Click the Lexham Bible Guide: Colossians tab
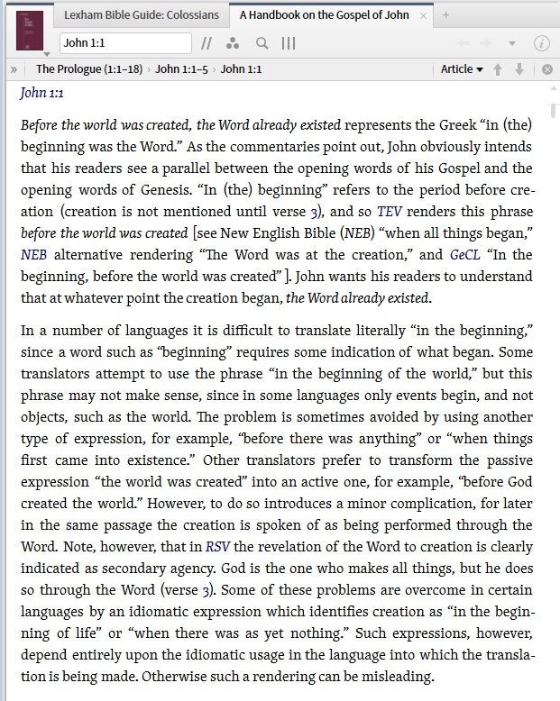(x=142, y=15)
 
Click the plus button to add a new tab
(x=445, y=15)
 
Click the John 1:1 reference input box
(x=124, y=43)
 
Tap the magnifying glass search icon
(x=262, y=43)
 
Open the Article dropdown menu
(x=462, y=69)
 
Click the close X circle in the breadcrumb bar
(x=546, y=69)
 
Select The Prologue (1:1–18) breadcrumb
(x=89, y=69)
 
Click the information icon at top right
(x=542, y=43)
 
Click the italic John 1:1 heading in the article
(x=41, y=93)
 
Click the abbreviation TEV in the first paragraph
(x=390, y=212)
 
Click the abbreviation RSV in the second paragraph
(x=217, y=547)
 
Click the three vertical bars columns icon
(x=289, y=43)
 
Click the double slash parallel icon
(x=207, y=43)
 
